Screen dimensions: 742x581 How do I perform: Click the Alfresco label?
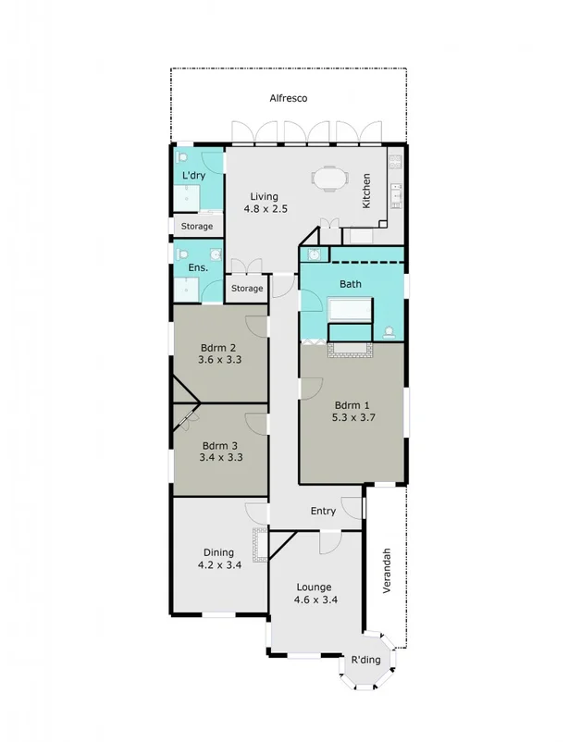[x=288, y=98]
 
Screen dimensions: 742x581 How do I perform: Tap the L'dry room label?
[x=193, y=176]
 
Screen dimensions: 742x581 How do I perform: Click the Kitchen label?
[x=366, y=191]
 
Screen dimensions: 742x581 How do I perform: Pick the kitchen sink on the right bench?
[x=396, y=195]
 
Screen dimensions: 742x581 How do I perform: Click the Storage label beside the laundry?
[x=196, y=227]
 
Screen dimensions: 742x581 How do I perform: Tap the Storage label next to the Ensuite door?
[x=247, y=289]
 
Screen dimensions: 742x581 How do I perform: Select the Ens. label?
[x=196, y=268]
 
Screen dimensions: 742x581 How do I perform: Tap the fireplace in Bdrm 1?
[x=350, y=349]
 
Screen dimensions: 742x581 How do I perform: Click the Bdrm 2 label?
[x=219, y=349]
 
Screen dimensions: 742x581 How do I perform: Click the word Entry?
[x=323, y=511]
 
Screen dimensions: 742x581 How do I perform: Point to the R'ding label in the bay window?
[x=365, y=661]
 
